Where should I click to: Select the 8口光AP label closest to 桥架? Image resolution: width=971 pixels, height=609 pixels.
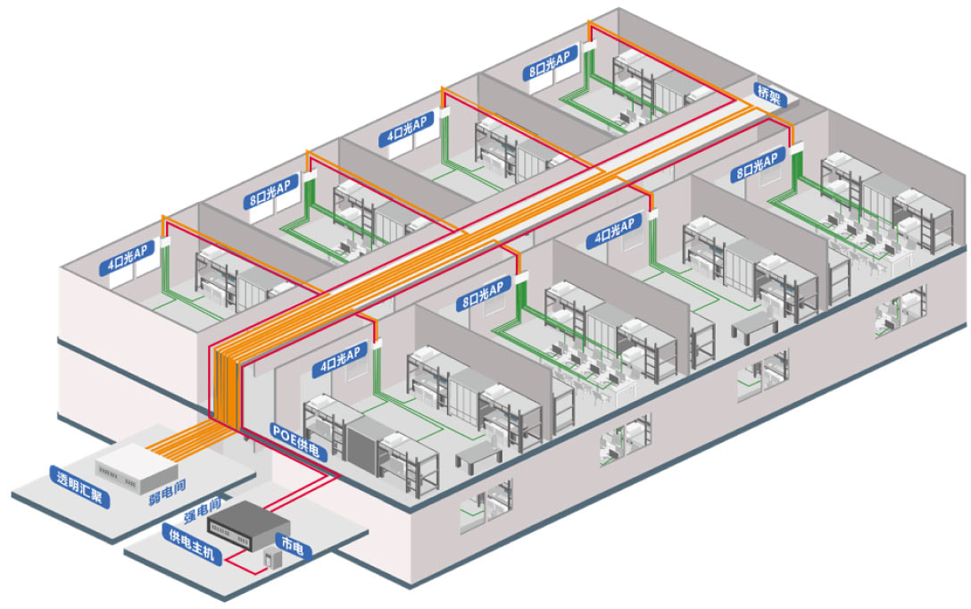click(x=756, y=166)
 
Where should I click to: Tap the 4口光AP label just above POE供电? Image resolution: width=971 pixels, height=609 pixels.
click(x=338, y=358)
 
